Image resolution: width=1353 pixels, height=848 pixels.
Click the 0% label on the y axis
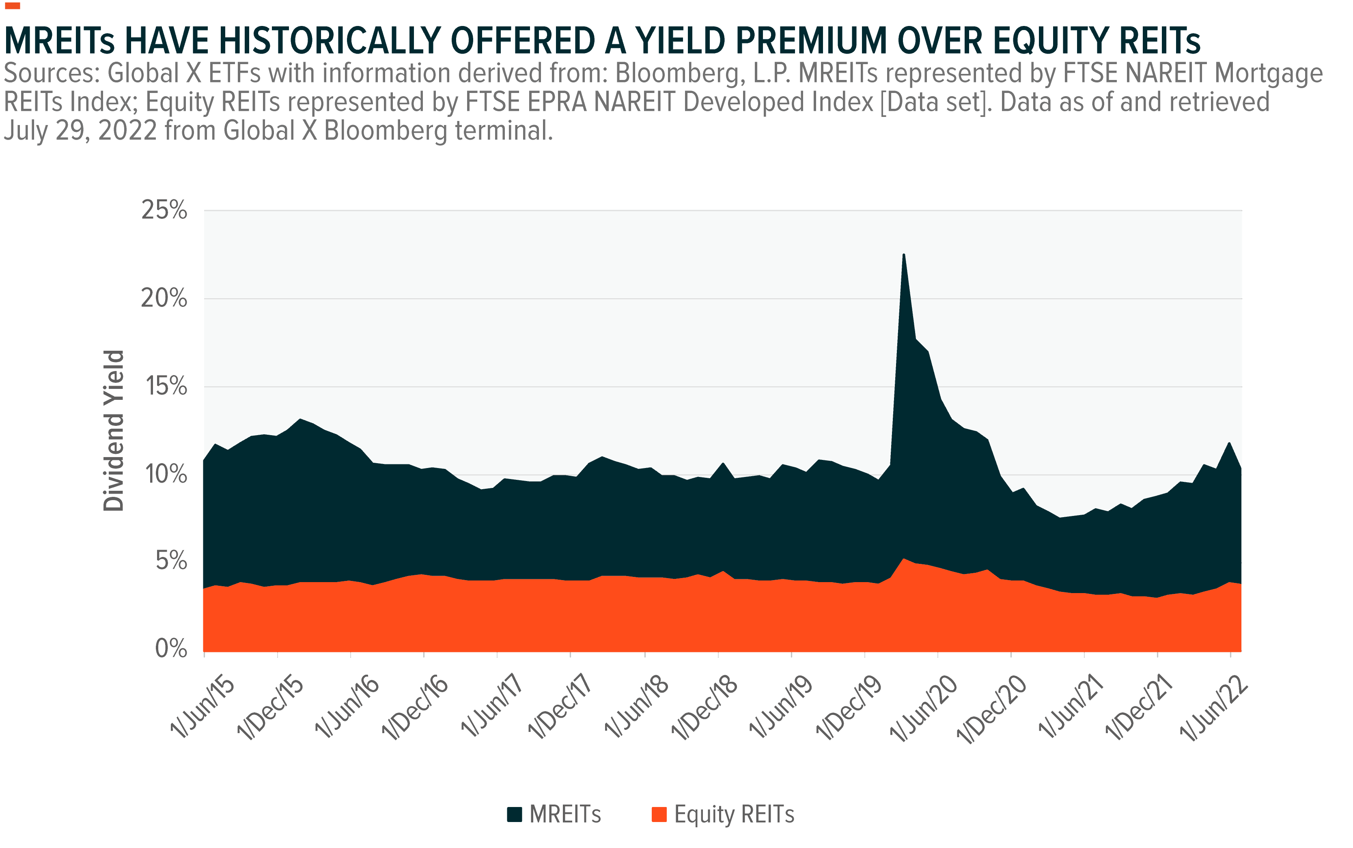tap(170, 649)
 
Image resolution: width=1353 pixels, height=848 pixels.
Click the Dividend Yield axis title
tap(113, 431)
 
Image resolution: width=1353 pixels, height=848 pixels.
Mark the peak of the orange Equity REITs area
tap(903, 559)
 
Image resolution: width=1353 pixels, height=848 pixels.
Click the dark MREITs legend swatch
tap(514, 814)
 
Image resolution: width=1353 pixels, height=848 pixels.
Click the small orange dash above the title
tap(12, 6)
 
